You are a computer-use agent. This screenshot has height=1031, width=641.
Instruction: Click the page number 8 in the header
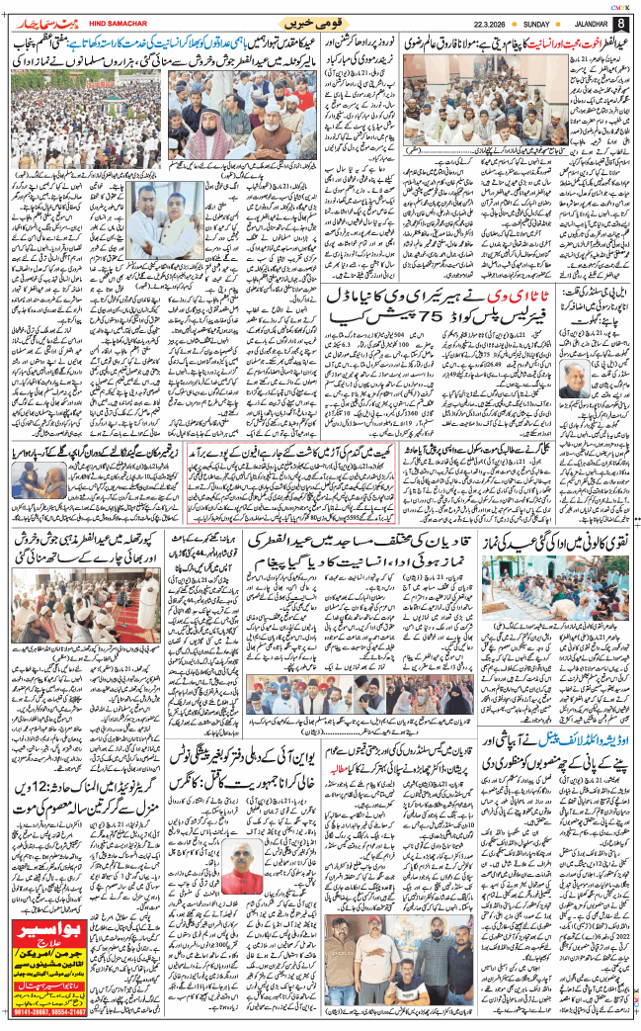(x=620, y=23)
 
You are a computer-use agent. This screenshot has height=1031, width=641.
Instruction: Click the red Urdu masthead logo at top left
(x=40, y=20)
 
